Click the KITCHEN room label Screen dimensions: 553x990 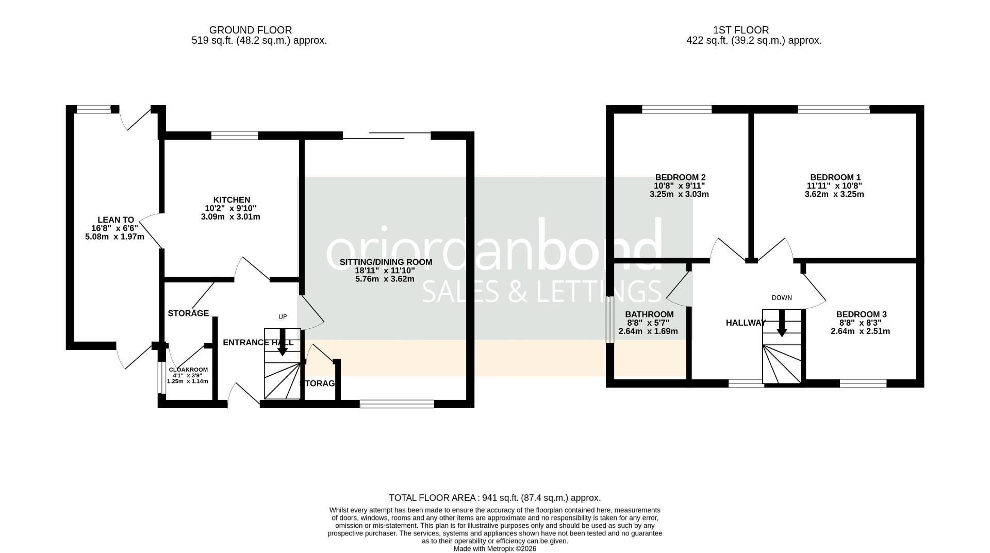[232, 200]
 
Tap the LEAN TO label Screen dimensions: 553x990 [115, 220]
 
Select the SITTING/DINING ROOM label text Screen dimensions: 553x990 [386, 262]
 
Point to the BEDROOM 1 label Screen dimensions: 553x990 [835, 177]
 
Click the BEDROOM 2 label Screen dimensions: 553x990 [680, 177]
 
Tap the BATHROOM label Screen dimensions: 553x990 [649, 314]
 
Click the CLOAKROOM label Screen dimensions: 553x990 [188, 370]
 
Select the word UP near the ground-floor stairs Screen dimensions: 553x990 [283, 317]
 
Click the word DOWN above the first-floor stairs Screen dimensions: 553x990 [782, 298]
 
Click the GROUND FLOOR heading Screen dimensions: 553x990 [250, 30]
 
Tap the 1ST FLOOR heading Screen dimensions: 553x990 [741, 30]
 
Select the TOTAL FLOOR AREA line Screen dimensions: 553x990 [494, 498]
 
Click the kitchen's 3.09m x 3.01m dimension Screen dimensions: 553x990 [230, 217]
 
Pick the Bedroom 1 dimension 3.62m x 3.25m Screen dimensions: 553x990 [834, 194]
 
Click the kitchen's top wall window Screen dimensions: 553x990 [235, 136]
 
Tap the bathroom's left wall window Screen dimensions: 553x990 [609, 320]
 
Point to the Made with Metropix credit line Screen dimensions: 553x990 [494, 549]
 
